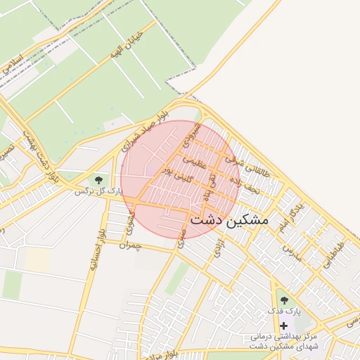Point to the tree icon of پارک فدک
(284, 300)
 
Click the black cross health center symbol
(284, 326)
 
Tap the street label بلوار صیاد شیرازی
(146, 131)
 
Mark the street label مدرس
(292, 252)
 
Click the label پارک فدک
(286, 311)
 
